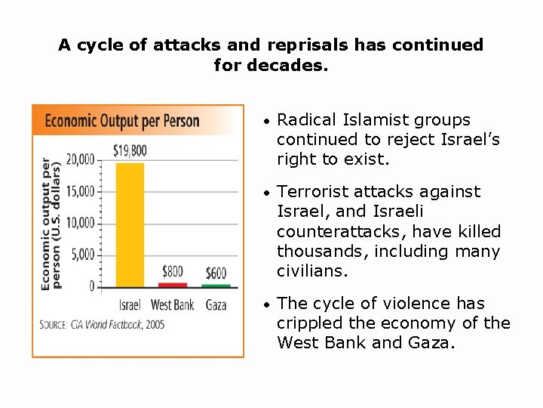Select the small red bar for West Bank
click(x=173, y=285)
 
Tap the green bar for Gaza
click(x=216, y=286)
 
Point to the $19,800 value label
click(x=130, y=151)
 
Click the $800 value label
click(x=173, y=271)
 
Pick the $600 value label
click(x=216, y=272)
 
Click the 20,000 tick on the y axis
click(x=81, y=159)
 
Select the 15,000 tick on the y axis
click(x=81, y=191)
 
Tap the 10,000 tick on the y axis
click(x=81, y=223)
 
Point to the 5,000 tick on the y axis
click(x=83, y=255)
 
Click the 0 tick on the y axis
click(x=91, y=286)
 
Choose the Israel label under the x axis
click(x=130, y=305)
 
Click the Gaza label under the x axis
click(x=216, y=305)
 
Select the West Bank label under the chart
click(x=173, y=305)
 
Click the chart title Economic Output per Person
click(x=123, y=121)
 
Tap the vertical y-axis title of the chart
click(x=50, y=223)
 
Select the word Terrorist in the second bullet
click(x=308, y=192)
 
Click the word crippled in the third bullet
click(x=308, y=323)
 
